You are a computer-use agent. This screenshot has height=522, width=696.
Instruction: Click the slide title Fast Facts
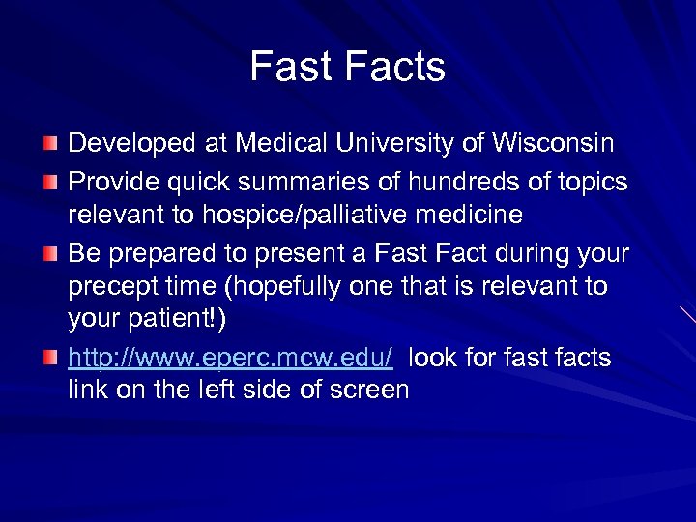347,67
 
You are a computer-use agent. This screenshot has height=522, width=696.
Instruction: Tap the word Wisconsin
554,144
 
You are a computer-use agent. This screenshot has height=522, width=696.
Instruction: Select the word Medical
270,144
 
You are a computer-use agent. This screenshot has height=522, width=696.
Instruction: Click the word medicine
470,214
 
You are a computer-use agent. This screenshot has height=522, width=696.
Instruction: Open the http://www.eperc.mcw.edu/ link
230,358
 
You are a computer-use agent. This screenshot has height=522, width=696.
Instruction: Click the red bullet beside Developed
49,145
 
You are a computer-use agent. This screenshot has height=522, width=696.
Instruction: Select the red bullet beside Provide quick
49,182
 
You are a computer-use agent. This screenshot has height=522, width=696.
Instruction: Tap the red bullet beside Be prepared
49,254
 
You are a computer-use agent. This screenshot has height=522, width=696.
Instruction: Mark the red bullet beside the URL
49,359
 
